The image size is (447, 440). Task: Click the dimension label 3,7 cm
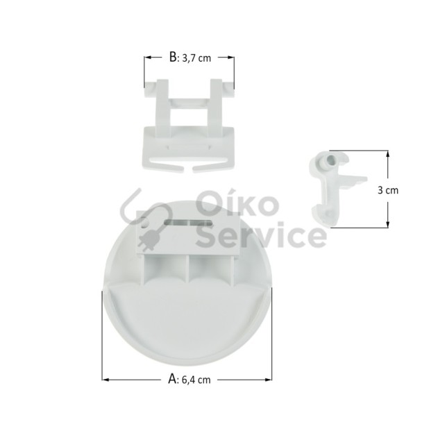(196, 58)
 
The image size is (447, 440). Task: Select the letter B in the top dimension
(173, 57)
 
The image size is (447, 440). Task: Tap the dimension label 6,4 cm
(196, 380)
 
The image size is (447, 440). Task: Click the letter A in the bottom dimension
(172, 379)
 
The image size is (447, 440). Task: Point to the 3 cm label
(388, 190)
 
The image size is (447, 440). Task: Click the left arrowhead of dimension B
(147, 58)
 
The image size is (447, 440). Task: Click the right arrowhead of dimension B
(231, 58)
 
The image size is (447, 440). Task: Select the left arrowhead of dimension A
(106, 380)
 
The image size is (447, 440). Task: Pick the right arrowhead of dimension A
(268, 380)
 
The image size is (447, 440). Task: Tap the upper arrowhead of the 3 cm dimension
(387, 154)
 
